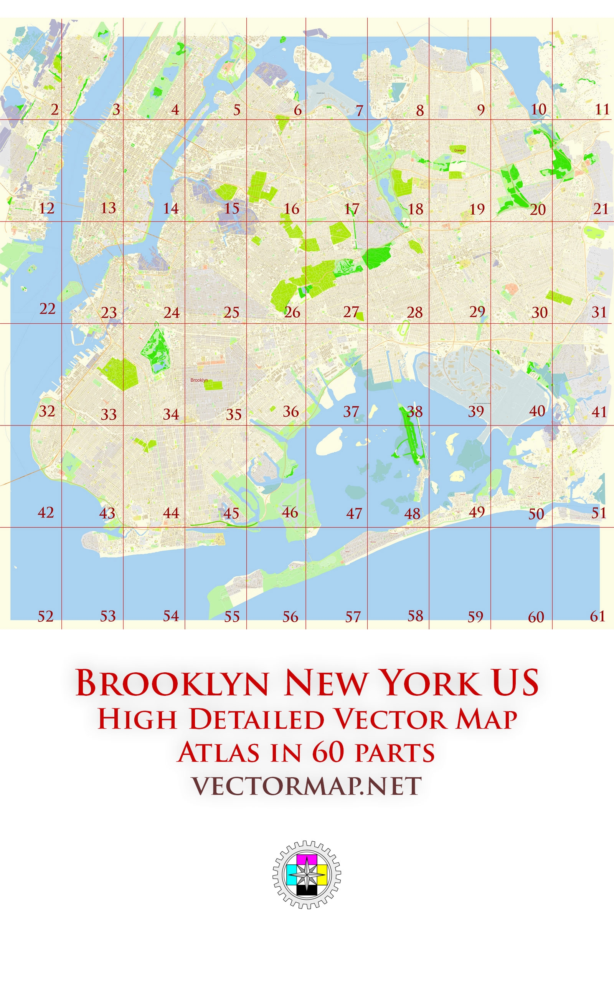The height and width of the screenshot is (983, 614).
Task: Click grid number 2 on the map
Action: [55, 110]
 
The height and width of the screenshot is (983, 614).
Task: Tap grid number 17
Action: [352, 209]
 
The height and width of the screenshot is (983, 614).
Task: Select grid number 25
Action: [231, 312]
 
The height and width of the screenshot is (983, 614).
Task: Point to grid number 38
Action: [415, 412]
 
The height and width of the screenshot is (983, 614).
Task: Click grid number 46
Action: [290, 512]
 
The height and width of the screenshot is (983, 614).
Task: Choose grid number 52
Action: [46, 616]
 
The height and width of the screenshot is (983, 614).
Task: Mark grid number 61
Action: [597, 616]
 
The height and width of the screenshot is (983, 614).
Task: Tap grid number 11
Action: [602, 110]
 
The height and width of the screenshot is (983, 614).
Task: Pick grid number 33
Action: [109, 414]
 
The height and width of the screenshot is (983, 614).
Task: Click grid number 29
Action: [477, 311]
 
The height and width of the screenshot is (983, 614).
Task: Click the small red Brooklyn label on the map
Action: [199, 380]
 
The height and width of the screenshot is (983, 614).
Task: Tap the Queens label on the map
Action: [459, 150]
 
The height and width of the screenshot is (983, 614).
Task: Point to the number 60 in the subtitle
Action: [328, 752]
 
